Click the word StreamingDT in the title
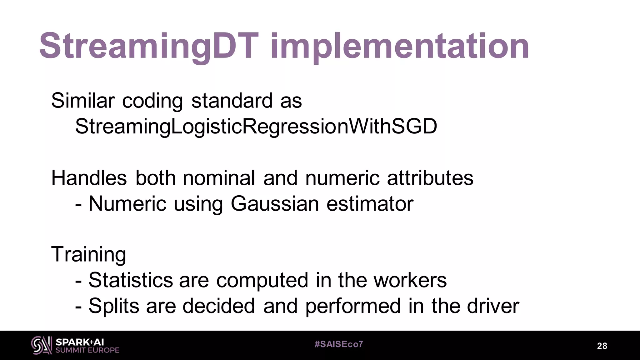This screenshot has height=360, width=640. (149, 46)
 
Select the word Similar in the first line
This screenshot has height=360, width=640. (83, 101)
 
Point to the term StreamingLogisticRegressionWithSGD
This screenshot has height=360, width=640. (256, 127)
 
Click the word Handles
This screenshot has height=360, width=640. (89, 178)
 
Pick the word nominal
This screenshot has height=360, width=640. (219, 178)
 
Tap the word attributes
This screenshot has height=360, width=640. (430, 178)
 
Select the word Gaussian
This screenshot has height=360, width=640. (275, 204)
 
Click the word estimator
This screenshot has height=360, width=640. (370, 204)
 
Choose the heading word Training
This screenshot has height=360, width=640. (89, 254)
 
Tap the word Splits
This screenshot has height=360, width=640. (114, 306)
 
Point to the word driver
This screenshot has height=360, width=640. (493, 306)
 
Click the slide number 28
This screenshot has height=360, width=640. (602, 346)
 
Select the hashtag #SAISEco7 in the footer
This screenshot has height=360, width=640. (339, 344)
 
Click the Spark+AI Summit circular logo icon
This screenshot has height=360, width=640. (42, 345)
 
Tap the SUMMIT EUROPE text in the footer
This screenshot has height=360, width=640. (87, 350)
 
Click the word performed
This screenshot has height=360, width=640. (353, 306)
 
